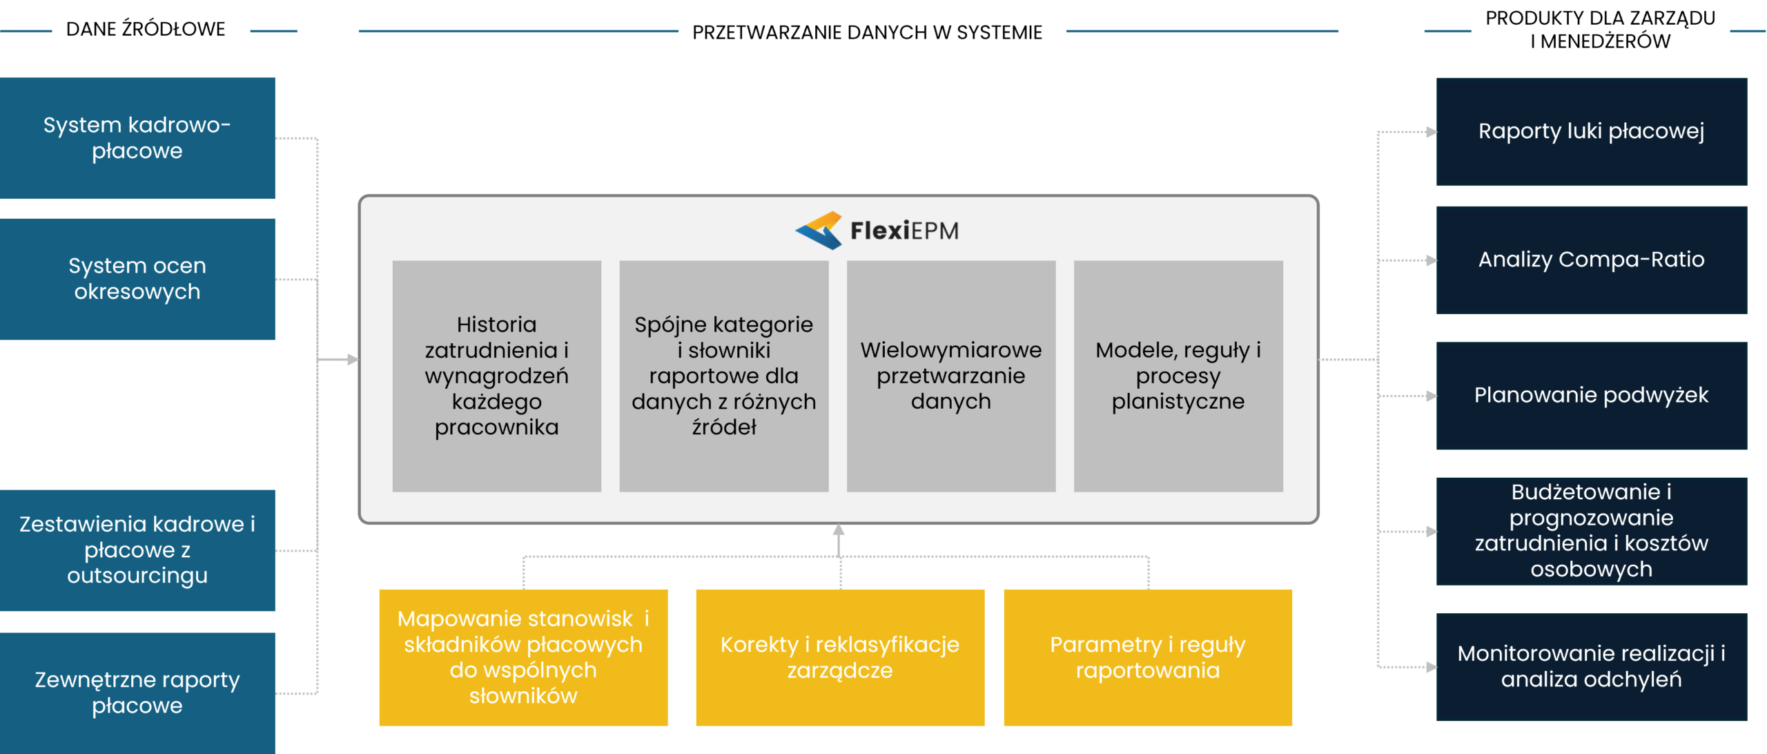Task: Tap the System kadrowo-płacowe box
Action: [x=138, y=138]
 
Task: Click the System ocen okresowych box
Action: [x=138, y=279]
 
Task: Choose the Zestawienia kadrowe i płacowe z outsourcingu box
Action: [x=138, y=550]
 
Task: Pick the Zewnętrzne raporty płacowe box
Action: [x=138, y=693]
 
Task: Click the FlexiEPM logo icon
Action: [x=819, y=230]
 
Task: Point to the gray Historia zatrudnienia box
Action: [x=496, y=376]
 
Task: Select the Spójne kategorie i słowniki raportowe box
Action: [x=723, y=376]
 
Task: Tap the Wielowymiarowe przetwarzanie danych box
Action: [x=950, y=376]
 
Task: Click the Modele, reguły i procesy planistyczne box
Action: [x=1178, y=376]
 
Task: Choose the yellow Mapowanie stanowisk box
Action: [x=523, y=657]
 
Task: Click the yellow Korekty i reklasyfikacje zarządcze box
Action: [x=839, y=657]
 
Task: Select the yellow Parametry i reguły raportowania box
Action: [x=1147, y=657]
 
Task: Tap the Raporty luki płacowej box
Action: [x=1591, y=131]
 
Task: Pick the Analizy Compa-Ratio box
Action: [x=1591, y=260]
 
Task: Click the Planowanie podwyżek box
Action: [x=1591, y=396]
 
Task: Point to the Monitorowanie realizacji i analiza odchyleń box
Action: [x=1591, y=667]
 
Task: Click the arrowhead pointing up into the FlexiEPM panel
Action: [x=839, y=530]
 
